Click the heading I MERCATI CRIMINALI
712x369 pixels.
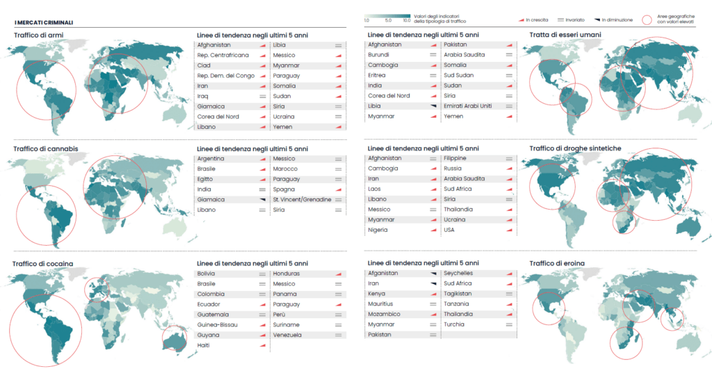[43, 23]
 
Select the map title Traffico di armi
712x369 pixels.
[38, 35]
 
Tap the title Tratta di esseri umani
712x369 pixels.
[565, 35]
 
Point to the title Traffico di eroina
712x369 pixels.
[557, 263]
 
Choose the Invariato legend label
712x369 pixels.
[574, 20]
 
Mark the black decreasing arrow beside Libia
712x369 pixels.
[432, 107]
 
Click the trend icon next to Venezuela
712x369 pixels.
[338, 335]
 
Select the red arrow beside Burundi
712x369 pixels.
[432, 55]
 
